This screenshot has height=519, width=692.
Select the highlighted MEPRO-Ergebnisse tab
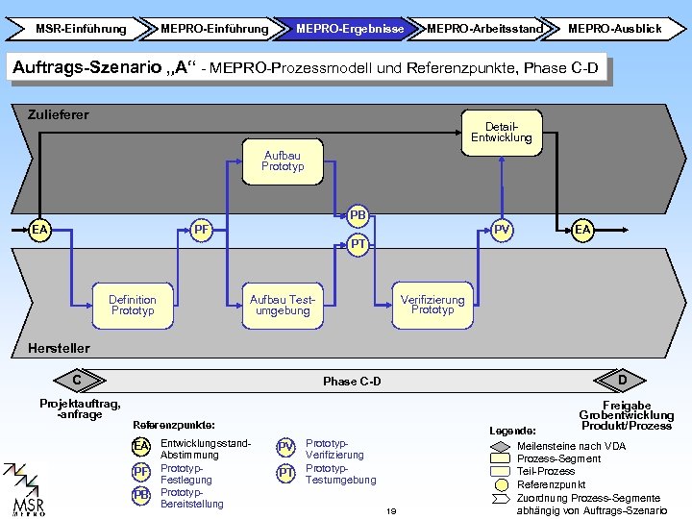[x=349, y=29]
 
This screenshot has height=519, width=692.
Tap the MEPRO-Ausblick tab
[x=614, y=29]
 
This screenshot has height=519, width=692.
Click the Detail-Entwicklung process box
[x=501, y=133]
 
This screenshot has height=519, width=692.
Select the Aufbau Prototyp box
[x=282, y=161]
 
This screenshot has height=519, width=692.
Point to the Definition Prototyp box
[x=133, y=306]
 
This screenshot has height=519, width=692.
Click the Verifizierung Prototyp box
[x=432, y=305]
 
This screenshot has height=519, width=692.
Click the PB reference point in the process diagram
[x=358, y=215]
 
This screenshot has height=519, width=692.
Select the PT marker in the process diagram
[x=358, y=244]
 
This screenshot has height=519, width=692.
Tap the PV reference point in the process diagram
[x=501, y=230]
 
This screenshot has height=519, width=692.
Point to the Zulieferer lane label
[x=59, y=115]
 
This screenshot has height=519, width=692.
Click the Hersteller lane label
[x=59, y=348]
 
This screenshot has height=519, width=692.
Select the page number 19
[x=391, y=510]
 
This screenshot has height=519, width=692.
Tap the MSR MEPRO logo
[x=27, y=490]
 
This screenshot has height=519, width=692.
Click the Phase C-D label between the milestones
[x=352, y=382]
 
